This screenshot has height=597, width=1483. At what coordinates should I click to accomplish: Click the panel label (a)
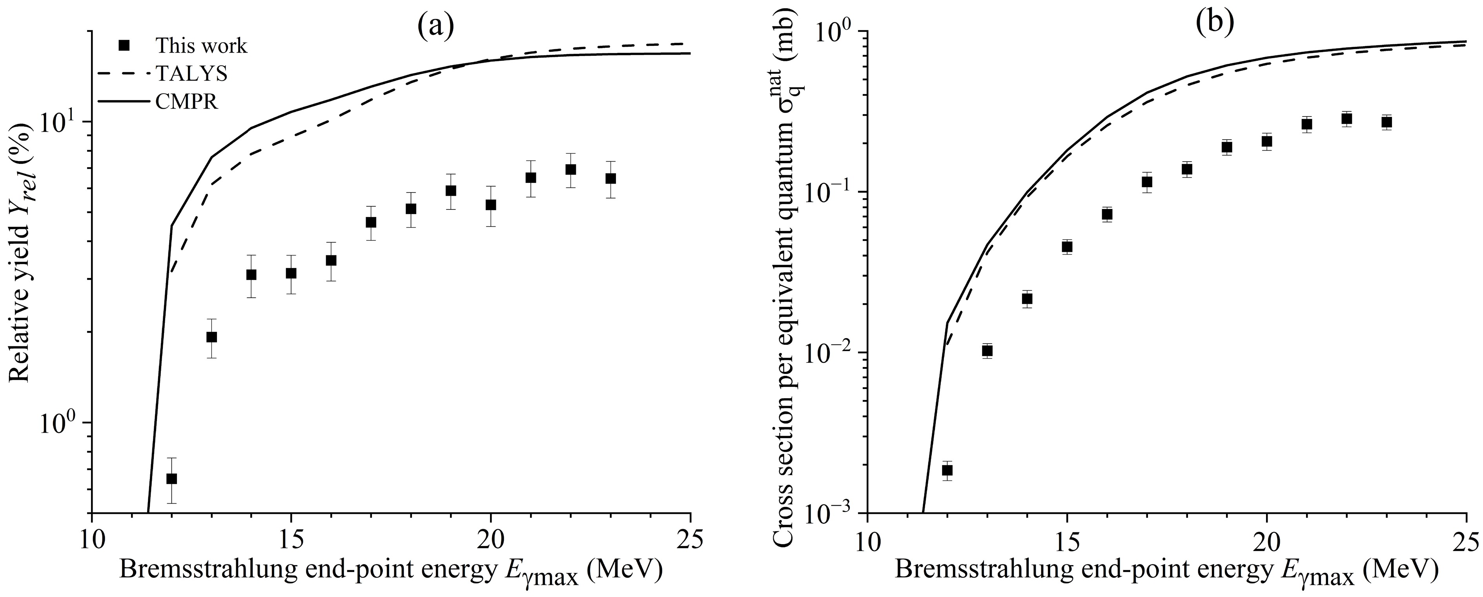click(436, 24)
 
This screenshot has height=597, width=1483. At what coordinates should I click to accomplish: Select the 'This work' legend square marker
click(123, 45)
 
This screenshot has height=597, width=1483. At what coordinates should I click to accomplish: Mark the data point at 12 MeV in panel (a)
click(171, 479)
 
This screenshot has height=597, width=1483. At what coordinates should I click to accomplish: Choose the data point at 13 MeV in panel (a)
click(211, 337)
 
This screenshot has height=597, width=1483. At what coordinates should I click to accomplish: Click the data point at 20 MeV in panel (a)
click(490, 205)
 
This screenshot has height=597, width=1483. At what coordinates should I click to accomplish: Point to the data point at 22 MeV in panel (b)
click(1346, 118)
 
